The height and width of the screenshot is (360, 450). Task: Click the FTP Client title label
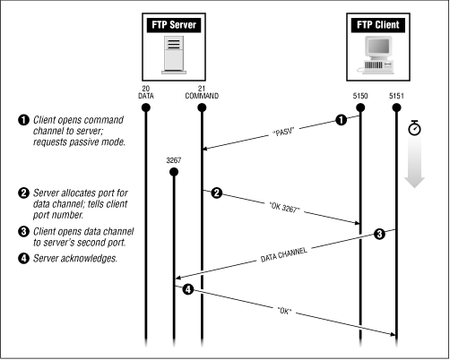point(375,28)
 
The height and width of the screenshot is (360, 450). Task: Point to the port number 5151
point(396,96)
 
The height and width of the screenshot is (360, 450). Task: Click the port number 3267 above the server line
point(173,159)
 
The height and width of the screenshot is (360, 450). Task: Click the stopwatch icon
point(414,128)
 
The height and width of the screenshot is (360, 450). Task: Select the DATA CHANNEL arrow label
point(285,258)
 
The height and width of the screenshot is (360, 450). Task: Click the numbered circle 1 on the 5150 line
point(341,119)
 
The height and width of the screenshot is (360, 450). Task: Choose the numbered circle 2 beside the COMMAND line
point(217,193)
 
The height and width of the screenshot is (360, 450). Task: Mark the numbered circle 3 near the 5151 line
point(379,235)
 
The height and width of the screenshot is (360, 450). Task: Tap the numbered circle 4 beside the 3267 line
point(188,290)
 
